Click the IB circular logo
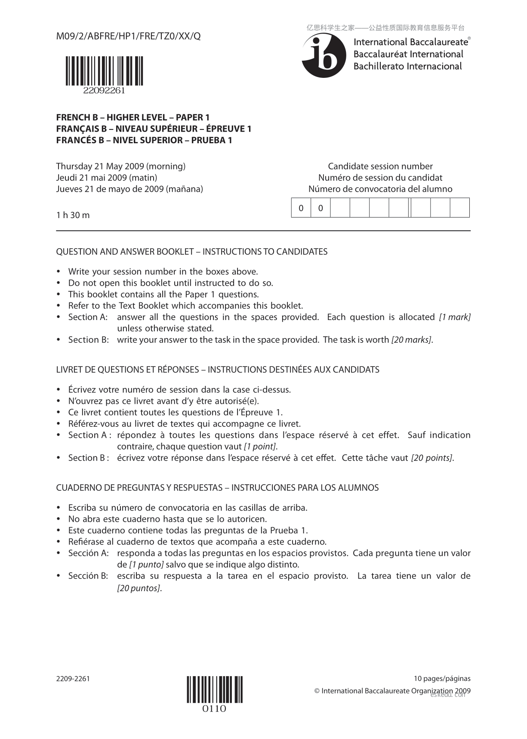click(x=324, y=55)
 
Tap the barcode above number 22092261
click(x=105, y=71)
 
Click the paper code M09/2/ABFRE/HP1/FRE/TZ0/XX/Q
click(x=128, y=37)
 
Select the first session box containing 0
click(x=301, y=208)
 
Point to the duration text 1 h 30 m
click(x=73, y=215)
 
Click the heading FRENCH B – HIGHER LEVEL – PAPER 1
click(x=133, y=117)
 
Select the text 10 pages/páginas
click(x=442, y=679)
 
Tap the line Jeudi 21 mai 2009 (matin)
click(x=107, y=178)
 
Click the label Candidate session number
click(x=380, y=166)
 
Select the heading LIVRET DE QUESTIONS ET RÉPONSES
click(x=127, y=370)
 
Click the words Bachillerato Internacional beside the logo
click(x=407, y=66)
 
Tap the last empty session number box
click(x=460, y=208)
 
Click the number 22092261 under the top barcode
click(x=105, y=91)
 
